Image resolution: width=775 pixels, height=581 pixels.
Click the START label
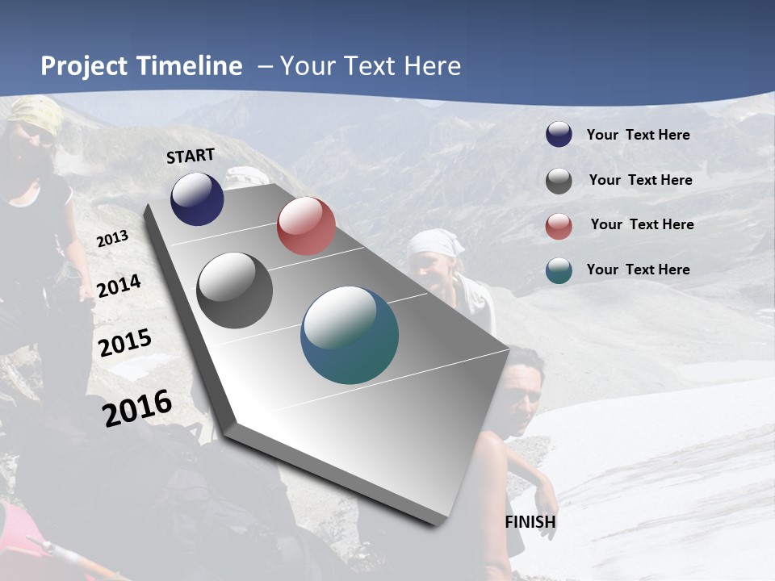pyautogui.click(x=191, y=156)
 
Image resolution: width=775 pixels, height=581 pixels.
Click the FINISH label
pyautogui.click(x=530, y=522)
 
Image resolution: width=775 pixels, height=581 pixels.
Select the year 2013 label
pyautogui.click(x=113, y=239)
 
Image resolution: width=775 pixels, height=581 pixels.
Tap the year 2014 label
pyautogui.click(x=119, y=286)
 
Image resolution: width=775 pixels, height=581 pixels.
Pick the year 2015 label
pyautogui.click(x=125, y=343)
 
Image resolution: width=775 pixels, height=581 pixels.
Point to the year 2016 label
pyautogui.click(x=137, y=408)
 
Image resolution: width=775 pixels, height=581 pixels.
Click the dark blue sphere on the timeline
pyautogui.click(x=197, y=199)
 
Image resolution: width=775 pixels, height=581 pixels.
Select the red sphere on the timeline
pyautogui.click(x=306, y=226)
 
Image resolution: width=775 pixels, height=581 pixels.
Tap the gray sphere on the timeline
pyautogui.click(x=234, y=290)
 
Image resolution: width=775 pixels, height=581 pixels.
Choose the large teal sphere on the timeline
pyautogui.click(x=350, y=335)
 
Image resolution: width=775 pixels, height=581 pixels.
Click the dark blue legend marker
pyautogui.click(x=559, y=135)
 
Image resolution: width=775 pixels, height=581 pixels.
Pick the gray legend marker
pyautogui.click(x=559, y=181)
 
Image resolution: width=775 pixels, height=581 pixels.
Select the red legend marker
pyautogui.click(x=559, y=226)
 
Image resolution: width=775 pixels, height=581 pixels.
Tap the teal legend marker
pyautogui.click(x=559, y=270)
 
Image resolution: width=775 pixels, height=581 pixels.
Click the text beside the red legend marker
pyautogui.click(x=642, y=224)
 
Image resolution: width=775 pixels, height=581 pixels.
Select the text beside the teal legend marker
pyautogui.click(x=638, y=270)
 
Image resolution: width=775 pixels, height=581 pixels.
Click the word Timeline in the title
pyautogui.click(x=189, y=66)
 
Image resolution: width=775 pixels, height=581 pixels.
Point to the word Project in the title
pyautogui.click(x=84, y=66)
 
